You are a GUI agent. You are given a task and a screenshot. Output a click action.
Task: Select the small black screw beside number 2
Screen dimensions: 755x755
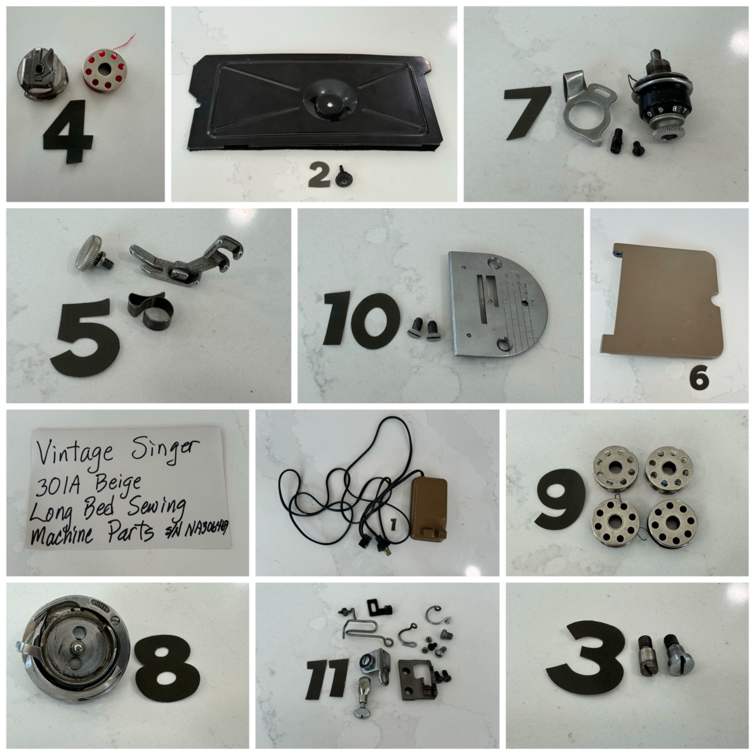(343, 178)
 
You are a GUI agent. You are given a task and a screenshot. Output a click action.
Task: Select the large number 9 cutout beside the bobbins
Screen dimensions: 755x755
(560, 499)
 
